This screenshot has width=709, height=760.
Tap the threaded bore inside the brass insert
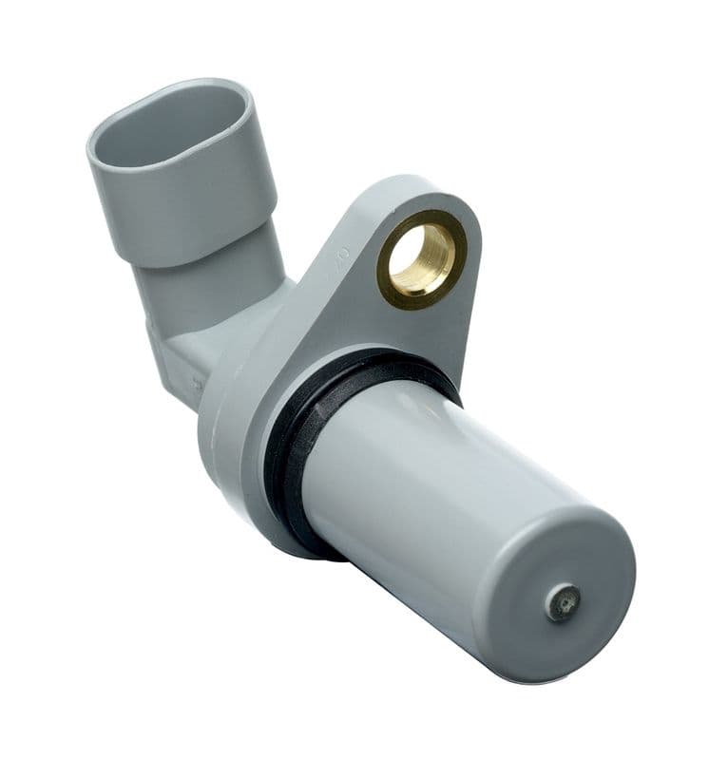click(x=423, y=256)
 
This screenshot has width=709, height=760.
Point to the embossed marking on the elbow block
click(x=196, y=383)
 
